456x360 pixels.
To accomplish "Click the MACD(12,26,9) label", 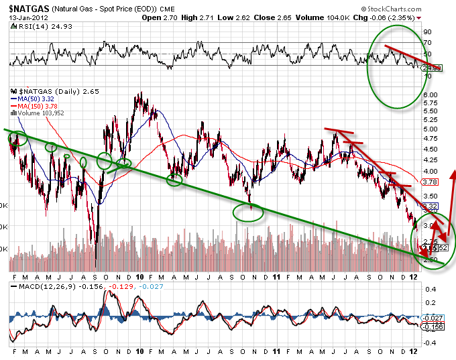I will (x=37, y=287).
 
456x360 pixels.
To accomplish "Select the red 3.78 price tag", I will (x=433, y=182).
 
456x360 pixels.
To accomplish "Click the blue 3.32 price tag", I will (x=433, y=206).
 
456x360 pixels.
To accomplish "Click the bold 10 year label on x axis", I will (x=140, y=276).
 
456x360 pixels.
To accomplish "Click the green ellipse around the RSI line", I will (x=368, y=67).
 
